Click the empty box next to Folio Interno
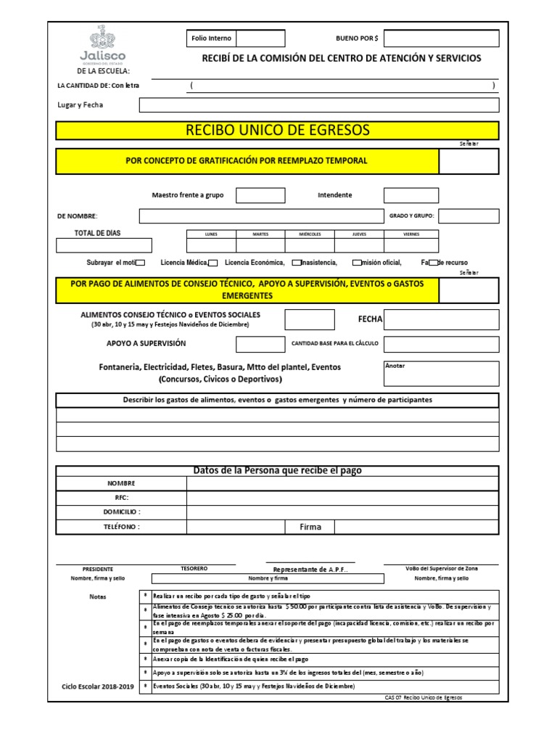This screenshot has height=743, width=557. click(260, 38)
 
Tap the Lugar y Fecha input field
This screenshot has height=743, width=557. click(319, 105)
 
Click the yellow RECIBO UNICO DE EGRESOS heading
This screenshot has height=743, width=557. click(278, 131)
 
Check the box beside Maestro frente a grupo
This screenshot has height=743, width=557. click(260, 195)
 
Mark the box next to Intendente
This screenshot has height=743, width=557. click(410, 195)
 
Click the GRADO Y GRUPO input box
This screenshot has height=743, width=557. click(469, 216)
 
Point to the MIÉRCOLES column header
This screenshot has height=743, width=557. click(309, 234)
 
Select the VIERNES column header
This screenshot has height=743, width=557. click(410, 234)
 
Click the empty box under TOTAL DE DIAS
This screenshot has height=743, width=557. click(104, 245)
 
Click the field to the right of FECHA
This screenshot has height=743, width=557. click(441, 319)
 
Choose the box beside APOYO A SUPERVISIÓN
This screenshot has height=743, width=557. click(260, 344)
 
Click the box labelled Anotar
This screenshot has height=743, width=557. click(441, 374)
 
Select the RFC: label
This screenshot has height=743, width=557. click(121, 498)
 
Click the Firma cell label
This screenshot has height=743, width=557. click(310, 527)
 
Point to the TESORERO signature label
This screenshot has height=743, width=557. click(194, 568)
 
